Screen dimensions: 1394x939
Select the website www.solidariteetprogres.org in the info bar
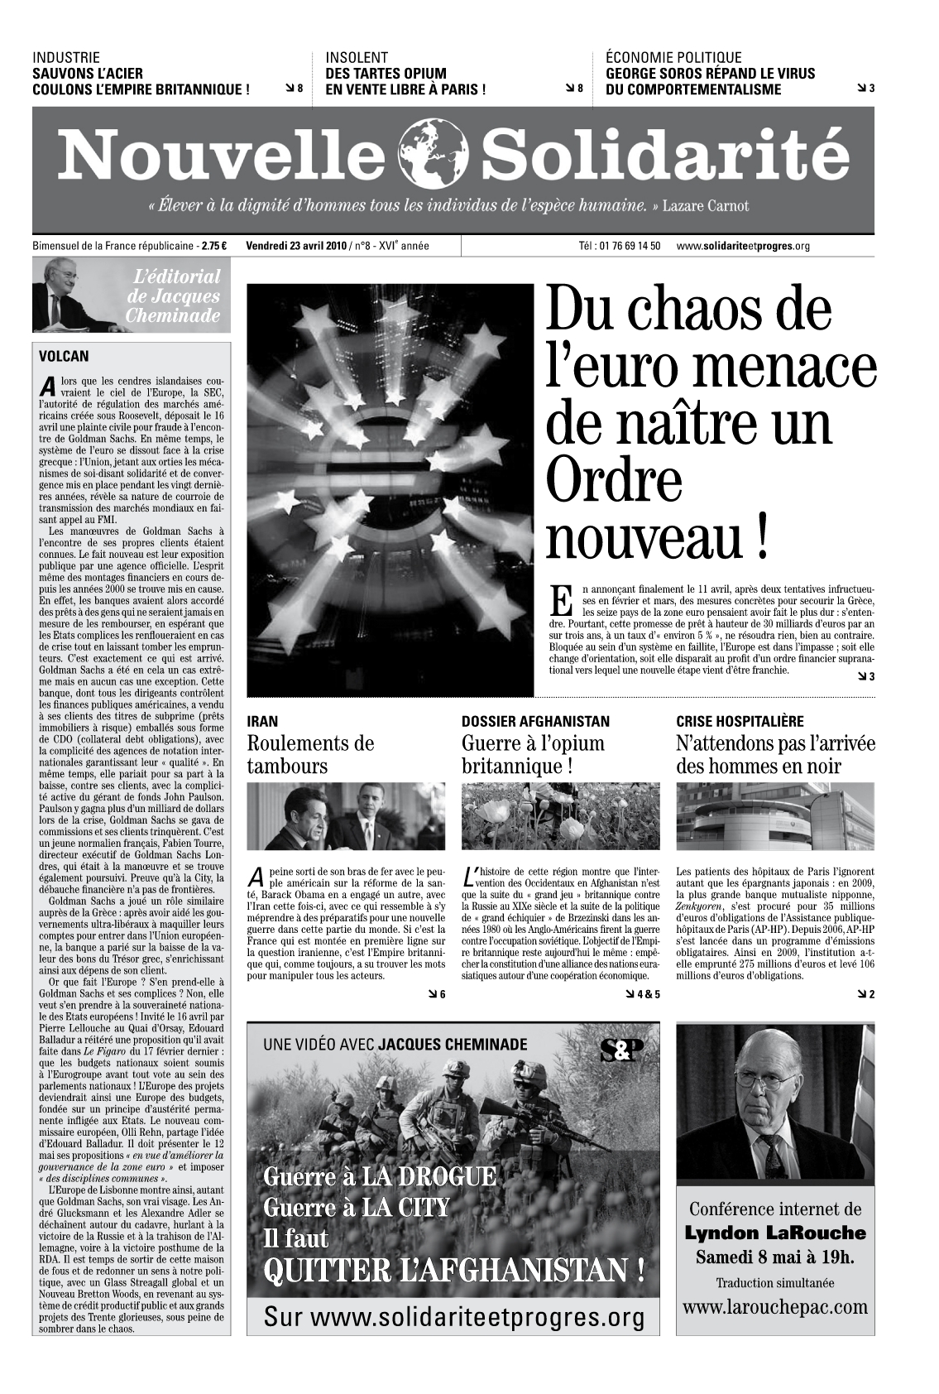743,247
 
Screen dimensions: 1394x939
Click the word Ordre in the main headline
614,480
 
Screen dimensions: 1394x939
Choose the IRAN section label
262,722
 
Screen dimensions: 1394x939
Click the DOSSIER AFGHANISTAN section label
534,722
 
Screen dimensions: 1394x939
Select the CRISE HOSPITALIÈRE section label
740,722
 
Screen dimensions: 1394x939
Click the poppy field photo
560,817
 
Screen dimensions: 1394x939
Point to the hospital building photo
774,817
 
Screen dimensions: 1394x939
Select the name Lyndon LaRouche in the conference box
775,1233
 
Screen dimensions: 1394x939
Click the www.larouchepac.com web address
775,1308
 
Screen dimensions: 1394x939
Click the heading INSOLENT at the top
357,58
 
